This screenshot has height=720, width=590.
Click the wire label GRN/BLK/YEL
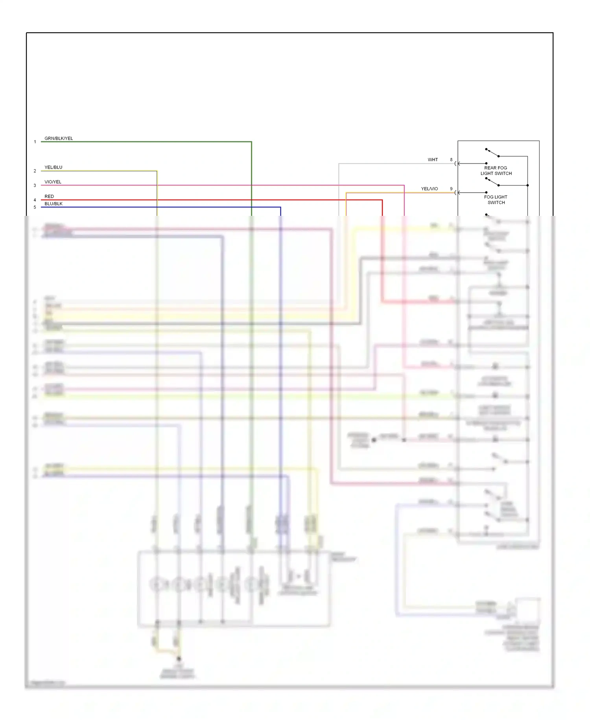click(59, 138)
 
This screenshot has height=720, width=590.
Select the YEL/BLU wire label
click(53, 167)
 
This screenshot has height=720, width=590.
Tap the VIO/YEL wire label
click(53, 182)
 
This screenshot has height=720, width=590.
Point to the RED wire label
click(49, 197)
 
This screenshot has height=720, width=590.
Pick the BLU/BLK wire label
click(53, 204)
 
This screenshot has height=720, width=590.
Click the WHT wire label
click(433, 160)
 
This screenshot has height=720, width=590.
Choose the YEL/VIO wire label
click(429, 189)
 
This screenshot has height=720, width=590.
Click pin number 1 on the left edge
click(35, 142)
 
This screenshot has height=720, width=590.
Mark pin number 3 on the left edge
click(35, 186)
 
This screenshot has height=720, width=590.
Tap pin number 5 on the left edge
click(35, 207)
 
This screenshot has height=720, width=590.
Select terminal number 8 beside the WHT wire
click(451, 160)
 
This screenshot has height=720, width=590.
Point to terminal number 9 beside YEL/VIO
click(451, 189)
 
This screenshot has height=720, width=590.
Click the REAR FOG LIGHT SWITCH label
click(496, 171)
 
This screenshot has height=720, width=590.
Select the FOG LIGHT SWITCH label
click(496, 200)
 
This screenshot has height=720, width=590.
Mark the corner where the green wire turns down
click(251, 142)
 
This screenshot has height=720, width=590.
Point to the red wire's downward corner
click(382, 200)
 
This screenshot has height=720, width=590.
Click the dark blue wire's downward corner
click(280, 207)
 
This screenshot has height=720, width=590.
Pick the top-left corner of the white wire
click(339, 163)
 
